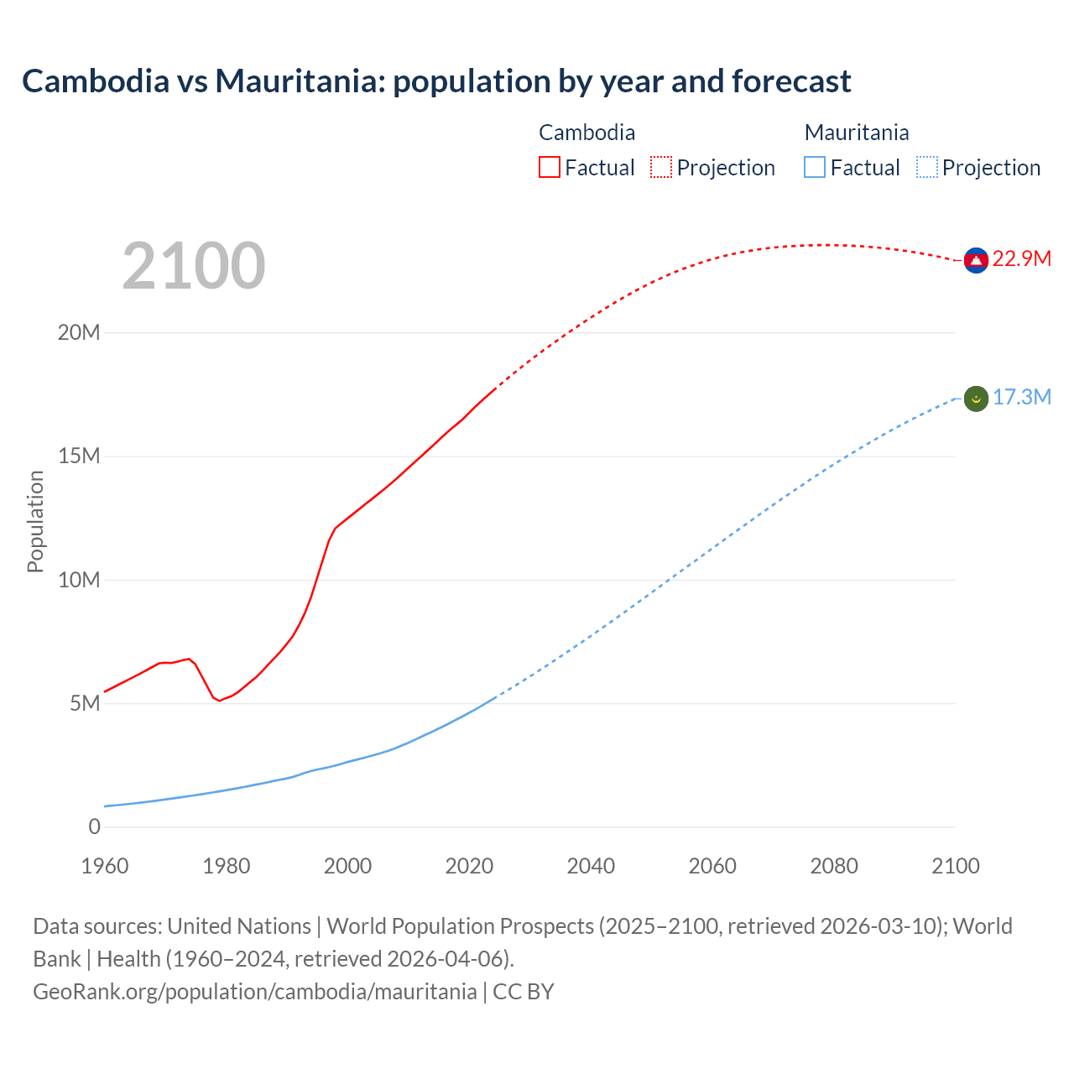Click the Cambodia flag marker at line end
(x=975, y=260)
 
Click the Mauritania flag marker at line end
(x=975, y=399)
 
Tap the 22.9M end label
(x=1021, y=258)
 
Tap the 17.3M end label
(x=1021, y=397)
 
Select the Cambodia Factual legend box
(x=550, y=167)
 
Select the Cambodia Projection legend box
(x=661, y=167)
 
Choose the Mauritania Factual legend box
(x=815, y=167)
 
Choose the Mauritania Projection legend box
(x=927, y=167)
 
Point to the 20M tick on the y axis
(x=79, y=332)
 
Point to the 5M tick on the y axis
(x=85, y=703)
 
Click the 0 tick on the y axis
(x=94, y=826)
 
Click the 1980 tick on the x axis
(x=227, y=866)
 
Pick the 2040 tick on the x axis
(x=591, y=866)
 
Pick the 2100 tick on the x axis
(x=955, y=866)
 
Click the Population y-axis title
(x=35, y=521)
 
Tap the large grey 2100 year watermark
(x=194, y=266)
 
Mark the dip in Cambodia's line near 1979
(x=220, y=700)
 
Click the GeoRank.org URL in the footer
(x=254, y=991)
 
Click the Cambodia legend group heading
(x=587, y=133)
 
